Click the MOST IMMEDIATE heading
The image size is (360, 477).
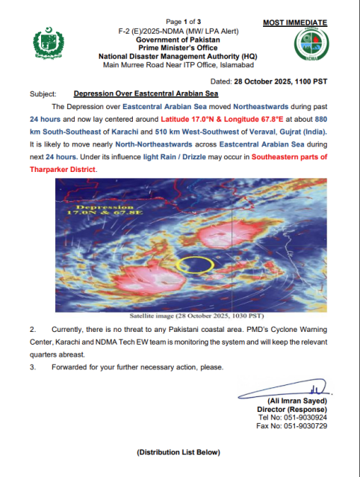point(295,23)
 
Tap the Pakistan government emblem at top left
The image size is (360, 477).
point(51,46)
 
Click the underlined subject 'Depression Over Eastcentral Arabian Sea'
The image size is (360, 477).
point(148,95)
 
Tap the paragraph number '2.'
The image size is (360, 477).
point(32,329)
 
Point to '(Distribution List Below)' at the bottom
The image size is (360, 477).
point(179,452)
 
